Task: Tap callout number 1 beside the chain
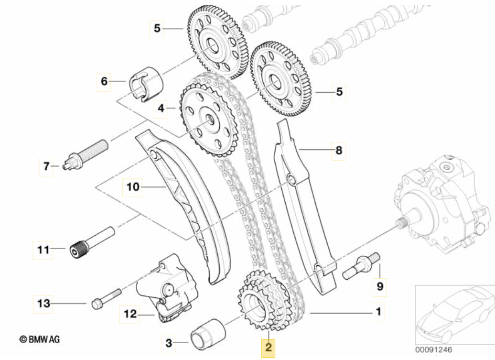coord(378,313)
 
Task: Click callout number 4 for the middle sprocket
coord(161,109)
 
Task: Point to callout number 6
coord(104,81)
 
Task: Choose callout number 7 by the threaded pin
coord(46,166)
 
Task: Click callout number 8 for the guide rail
coord(339,151)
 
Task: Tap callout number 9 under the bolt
coord(380,287)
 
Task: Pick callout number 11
coord(43,249)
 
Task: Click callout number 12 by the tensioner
coord(130,314)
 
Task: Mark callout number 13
coord(43,303)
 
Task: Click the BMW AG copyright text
coord(40,340)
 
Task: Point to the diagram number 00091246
coord(433,350)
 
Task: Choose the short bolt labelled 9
coord(361,268)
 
